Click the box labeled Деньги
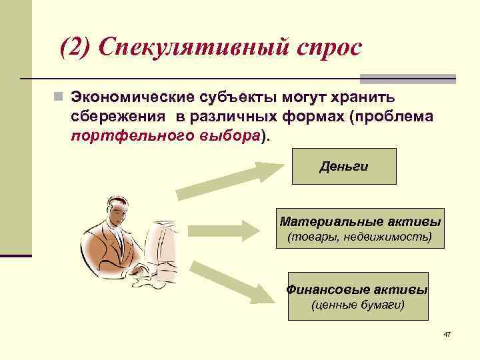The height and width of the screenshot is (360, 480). click(x=344, y=166)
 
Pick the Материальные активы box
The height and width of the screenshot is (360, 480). click(x=360, y=227)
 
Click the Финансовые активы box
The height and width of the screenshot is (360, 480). click(x=357, y=296)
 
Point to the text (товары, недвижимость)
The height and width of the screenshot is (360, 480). click(x=359, y=237)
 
